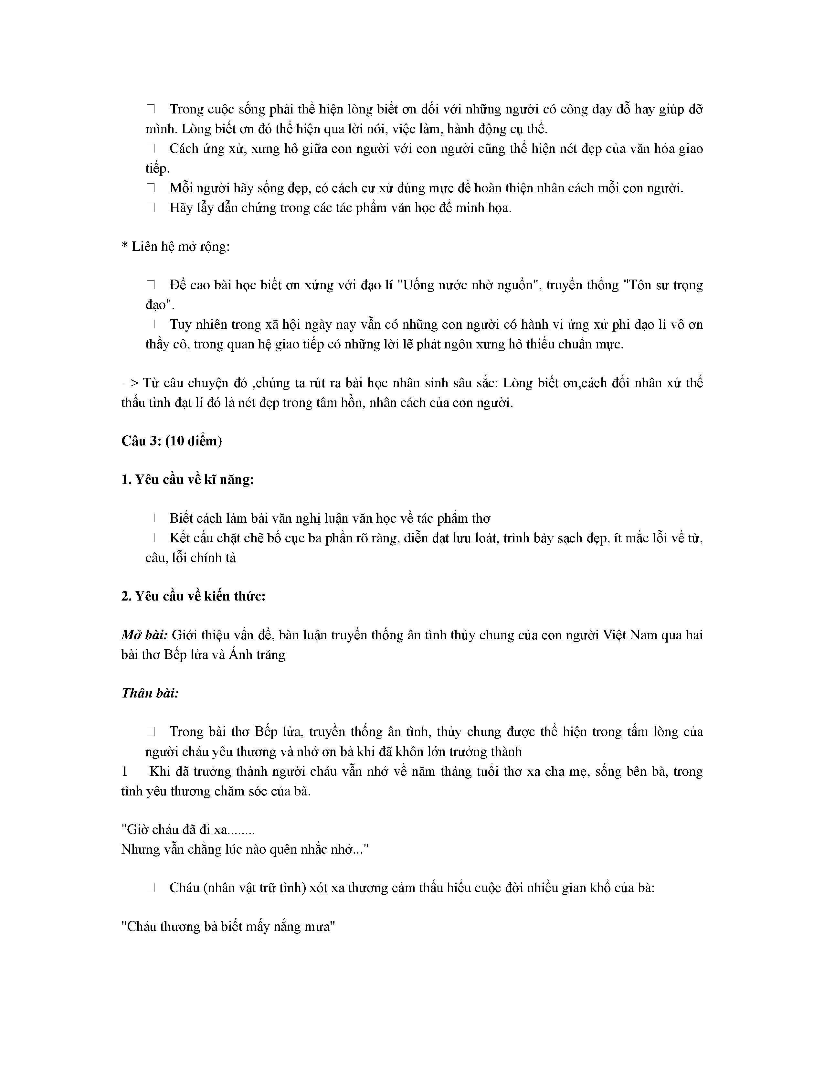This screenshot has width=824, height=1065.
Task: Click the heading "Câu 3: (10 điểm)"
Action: click(172, 441)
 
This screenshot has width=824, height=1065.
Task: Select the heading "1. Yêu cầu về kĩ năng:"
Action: click(188, 480)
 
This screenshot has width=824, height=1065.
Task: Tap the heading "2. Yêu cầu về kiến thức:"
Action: click(193, 596)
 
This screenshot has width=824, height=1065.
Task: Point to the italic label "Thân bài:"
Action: click(150, 693)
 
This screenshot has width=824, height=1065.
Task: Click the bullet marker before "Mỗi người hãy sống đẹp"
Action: click(150, 188)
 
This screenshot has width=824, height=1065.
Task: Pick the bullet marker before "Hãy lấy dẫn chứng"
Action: click(150, 208)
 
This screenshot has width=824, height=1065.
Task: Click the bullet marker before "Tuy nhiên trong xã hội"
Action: click(150, 324)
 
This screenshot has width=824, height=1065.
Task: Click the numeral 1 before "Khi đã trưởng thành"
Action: click(125, 772)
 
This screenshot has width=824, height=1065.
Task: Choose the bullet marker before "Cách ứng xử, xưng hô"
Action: click(150, 149)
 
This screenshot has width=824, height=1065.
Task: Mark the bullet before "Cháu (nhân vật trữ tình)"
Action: click(150, 888)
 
